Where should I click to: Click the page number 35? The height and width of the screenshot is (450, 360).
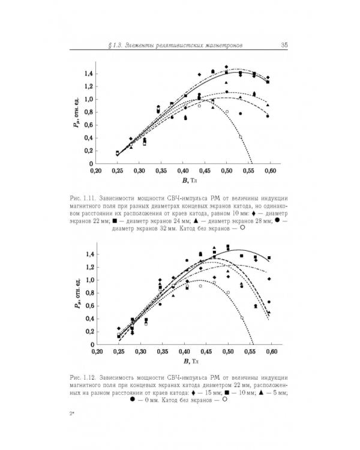(x=284, y=46)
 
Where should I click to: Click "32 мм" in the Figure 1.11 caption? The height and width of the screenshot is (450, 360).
(x=171, y=228)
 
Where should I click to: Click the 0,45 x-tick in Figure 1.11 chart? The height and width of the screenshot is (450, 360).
(x=205, y=171)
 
